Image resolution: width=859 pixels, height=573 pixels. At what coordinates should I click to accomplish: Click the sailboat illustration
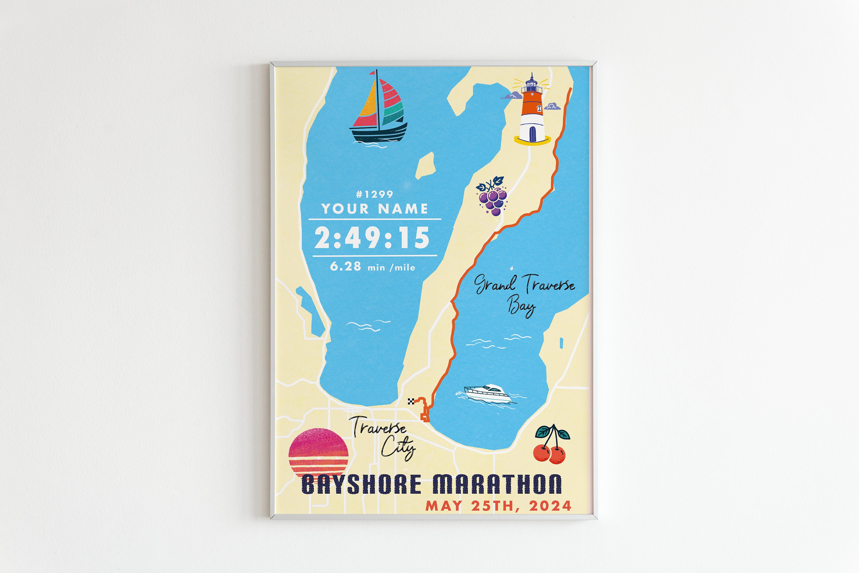click(378, 110)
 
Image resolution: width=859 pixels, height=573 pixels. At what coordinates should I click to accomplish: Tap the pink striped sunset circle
click(318, 455)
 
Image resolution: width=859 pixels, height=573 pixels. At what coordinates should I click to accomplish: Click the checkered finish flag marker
click(411, 402)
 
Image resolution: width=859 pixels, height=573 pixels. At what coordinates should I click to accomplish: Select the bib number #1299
click(375, 194)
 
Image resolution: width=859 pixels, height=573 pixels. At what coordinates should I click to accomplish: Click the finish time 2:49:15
click(372, 238)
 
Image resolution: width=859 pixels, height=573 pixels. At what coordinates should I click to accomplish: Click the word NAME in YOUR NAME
click(403, 209)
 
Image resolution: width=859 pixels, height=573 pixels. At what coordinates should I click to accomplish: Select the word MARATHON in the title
click(497, 485)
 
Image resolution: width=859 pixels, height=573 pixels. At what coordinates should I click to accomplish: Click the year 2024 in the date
click(550, 506)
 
